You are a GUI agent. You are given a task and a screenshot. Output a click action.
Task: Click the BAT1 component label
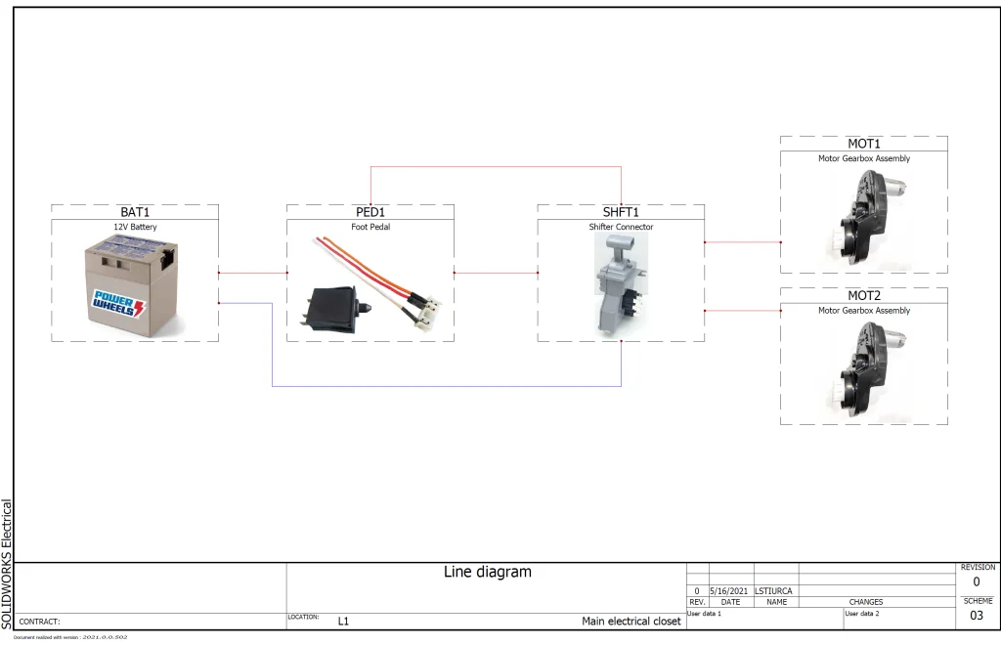tap(135, 212)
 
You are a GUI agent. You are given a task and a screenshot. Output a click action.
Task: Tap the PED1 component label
tap(370, 212)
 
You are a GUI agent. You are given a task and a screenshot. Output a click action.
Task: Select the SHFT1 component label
tap(621, 212)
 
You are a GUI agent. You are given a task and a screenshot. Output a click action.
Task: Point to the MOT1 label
tap(863, 144)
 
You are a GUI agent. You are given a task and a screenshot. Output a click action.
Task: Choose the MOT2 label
tap(863, 295)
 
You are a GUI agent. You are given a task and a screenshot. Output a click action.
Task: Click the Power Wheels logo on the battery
tap(117, 303)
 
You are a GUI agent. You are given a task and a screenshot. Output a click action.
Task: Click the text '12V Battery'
tap(135, 227)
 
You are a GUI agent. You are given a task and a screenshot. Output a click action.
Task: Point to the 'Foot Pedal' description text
tap(370, 227)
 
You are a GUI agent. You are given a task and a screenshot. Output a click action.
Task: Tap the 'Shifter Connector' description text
tap(621, 227)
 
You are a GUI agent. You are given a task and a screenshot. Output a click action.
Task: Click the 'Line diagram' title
tap(488, 573)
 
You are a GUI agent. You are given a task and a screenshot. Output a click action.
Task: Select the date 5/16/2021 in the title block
tap(730, 591)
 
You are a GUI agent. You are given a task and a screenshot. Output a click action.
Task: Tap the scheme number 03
tap(977, 616)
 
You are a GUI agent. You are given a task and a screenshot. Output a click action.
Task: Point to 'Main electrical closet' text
tap(631, 621)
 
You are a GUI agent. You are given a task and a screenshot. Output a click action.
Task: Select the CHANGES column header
tap(865, 602)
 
